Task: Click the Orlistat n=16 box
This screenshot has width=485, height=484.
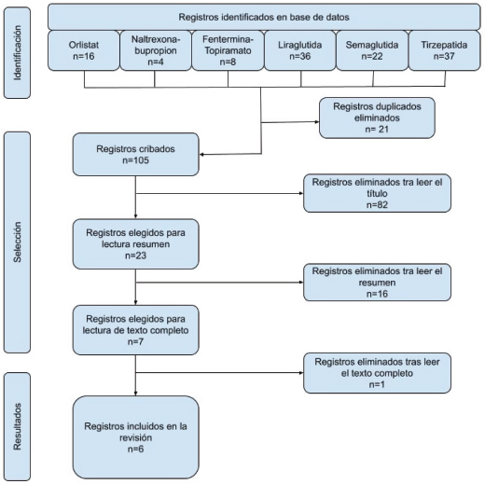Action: pos(84,50)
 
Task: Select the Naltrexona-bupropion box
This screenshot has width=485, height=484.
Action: pos(156,50)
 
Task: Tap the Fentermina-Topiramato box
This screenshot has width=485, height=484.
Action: pos(228,50)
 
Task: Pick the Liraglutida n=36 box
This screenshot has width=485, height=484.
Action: pos(300,50)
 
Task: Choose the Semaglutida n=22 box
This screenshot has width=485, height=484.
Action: pos(372,50)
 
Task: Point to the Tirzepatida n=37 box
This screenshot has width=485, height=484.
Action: pos(444,50)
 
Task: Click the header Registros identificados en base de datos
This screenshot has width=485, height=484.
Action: pos(264,17)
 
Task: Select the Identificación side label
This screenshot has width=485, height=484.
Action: pos(17,53)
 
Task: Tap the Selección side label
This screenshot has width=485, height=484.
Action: pos(17,242)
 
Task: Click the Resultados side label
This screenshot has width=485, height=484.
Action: pos(17,426)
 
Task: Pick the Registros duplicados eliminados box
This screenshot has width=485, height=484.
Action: pos(377,118)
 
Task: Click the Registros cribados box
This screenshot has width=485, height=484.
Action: pos(136,155)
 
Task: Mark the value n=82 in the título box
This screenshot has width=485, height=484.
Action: pos(377,205)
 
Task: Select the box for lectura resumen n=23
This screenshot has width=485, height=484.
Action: pos(136,244)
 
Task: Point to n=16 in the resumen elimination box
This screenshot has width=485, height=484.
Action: pos(377,294)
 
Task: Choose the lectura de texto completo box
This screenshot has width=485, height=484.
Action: pos(136,330)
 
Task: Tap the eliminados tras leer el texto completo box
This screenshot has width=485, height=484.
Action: pos(377,373)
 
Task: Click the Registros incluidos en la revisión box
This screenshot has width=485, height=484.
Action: pos(136,437)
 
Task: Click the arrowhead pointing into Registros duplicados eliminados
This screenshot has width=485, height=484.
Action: pos(317,121)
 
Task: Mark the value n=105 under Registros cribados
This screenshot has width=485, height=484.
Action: pos(136,160)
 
